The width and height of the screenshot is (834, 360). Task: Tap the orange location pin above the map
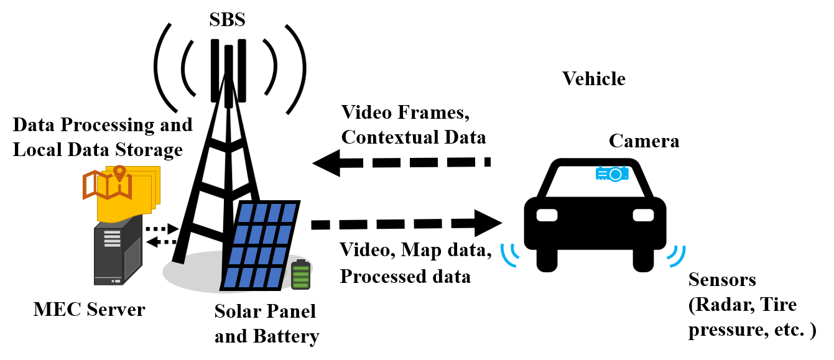click(x=119, y=172)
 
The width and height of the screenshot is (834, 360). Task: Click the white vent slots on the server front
click(x=112, y=239)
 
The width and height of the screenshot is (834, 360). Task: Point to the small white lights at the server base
click(x=116, y=281)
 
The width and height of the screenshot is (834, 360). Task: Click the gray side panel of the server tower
click(x=132, y=258)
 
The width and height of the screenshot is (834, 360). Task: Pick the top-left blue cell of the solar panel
click(x=246, y=213)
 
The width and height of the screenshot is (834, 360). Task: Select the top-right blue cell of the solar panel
click(x=289, y=213)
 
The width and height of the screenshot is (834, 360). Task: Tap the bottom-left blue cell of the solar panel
click(x=231, y=277)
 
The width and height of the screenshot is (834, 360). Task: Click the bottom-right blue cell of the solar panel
click(x=274, y=277)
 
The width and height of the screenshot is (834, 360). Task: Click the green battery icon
click(x=300, y=275)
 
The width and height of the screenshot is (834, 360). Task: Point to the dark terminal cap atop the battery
click(x=301, y=261)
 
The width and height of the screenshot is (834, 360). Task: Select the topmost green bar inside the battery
click(x=300, y=269)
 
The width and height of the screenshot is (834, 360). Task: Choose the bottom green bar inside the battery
click(x=300, y=285)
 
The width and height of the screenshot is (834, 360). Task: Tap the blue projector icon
click(x=612, y=173)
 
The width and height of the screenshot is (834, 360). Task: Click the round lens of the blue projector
click(x=615, y=175)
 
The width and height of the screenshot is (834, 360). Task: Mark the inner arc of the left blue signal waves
click(x=514, y=252)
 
